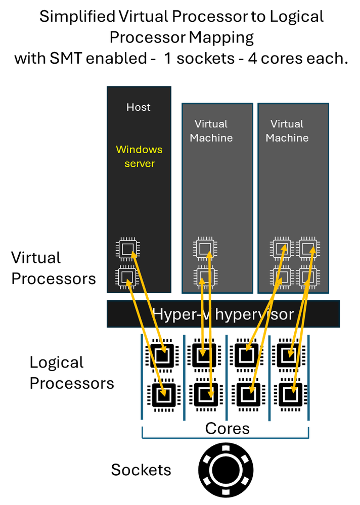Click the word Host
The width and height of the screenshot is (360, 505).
click(x=138, y=107)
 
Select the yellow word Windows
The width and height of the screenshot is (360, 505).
click(x=139, y=150)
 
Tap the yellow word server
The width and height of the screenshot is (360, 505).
click(x=140, y=164)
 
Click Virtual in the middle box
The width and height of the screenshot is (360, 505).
click(x=211, y=124)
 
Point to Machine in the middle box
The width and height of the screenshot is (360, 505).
click(x=211, y=138)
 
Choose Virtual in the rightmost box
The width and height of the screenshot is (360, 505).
click(x=287, y=124)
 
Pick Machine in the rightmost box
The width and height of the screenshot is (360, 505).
click(x=287, y=138)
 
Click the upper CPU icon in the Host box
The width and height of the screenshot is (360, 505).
click(x=128, y=249)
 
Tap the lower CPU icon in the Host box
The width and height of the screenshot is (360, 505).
click(x=127, y=277)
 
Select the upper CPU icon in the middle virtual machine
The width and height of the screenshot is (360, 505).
click(x=205, y=249)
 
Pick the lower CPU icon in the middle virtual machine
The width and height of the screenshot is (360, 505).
click(x=205, y=277)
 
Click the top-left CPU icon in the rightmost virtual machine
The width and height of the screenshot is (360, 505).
click(x=282, y=249)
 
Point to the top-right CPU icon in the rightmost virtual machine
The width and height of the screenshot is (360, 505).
click(x=308, y=249)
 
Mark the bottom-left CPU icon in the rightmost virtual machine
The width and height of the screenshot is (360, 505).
click(x=282, y=277)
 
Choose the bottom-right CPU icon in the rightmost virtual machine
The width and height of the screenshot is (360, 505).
click(x=308, y=277)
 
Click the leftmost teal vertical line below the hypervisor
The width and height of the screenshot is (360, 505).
click(x=141, y=377)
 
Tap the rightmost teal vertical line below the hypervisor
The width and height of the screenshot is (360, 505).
click(x=308, y=377)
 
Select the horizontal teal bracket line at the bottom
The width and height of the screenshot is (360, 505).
click(x=225, y=438)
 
